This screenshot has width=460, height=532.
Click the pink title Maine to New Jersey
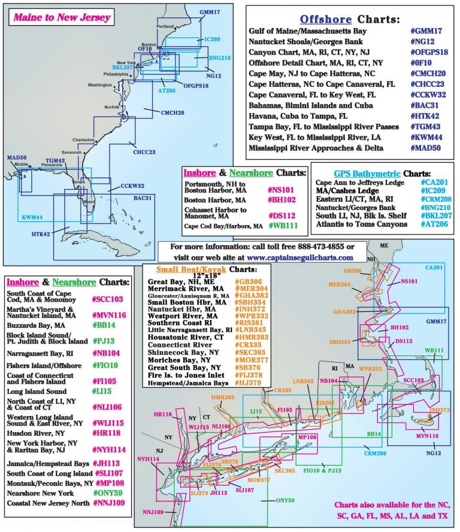[x=62, y=17]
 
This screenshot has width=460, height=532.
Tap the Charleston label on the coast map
[x=84, y=139]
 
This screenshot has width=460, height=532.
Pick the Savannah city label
[x=71, y=152]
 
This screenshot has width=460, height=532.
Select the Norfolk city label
[x=112, y=107]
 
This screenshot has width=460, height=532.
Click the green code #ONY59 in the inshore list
[x=108, y=493]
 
